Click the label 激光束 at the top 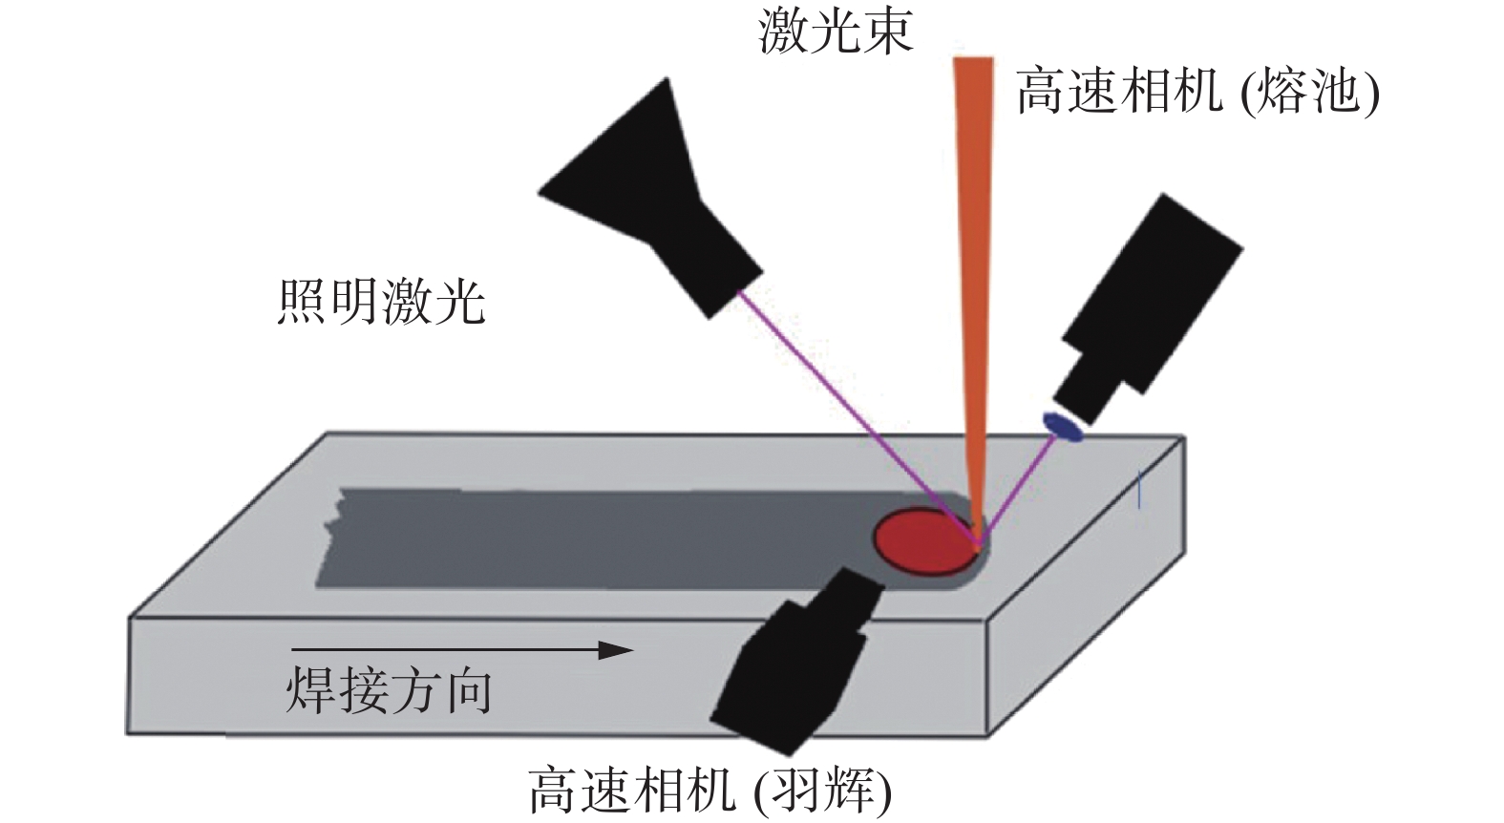tap(836, 31)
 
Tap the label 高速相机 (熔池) tap(1197, 94)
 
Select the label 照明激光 tap(381, 303)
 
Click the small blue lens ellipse tap(1062, 426)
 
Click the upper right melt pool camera tap(1146, 306)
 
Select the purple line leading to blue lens tap(1017, 487)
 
